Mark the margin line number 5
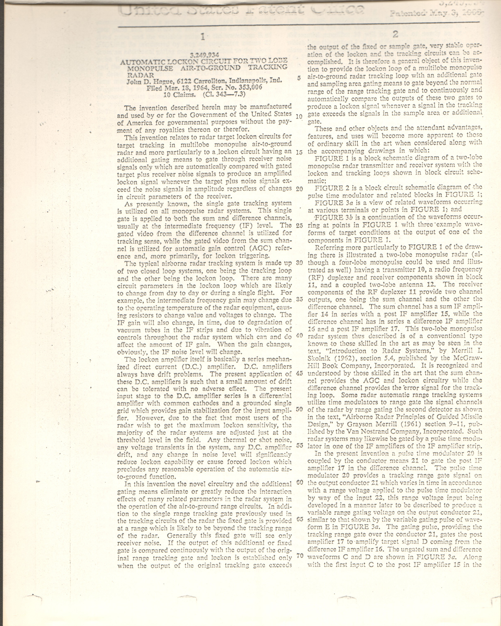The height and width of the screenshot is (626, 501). click(x=299, y=78)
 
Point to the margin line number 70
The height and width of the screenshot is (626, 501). click(x=299, y=556)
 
